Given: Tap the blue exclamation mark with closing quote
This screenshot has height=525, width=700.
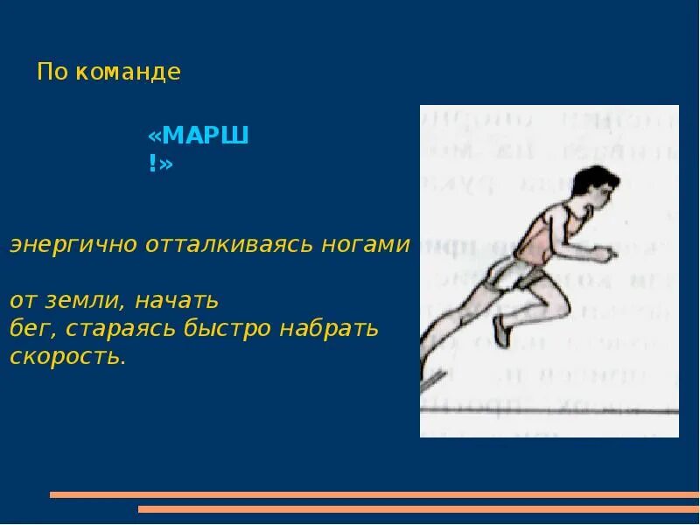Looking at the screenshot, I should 160,164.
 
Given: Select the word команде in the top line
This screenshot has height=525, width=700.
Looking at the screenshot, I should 128,72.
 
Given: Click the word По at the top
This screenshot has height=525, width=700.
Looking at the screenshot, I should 52,72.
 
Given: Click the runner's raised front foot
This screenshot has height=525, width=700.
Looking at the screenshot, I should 501,332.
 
